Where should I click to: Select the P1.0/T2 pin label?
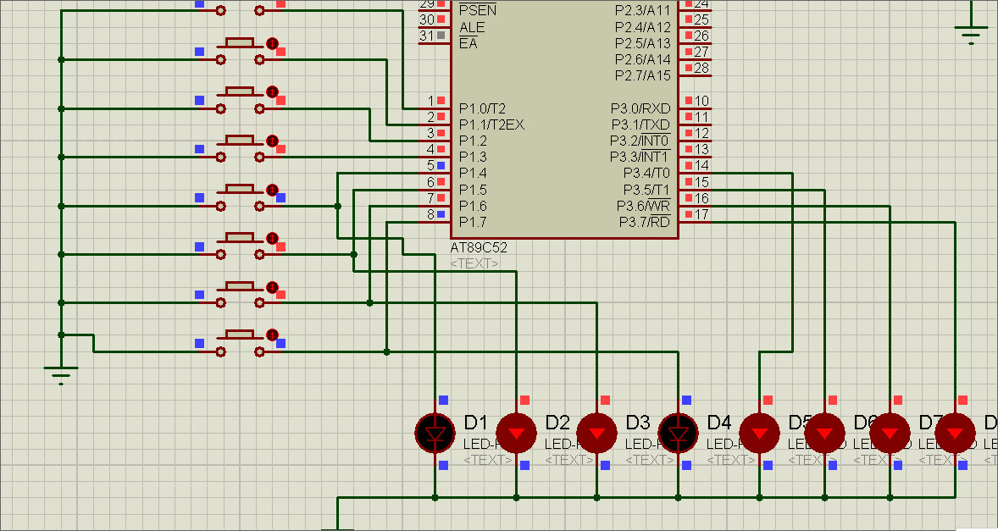coord(482,108)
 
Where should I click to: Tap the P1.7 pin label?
coord(473,222)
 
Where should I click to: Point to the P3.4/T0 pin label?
coord(646,174)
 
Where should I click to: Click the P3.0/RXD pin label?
coord(640,108)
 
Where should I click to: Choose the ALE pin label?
coord(472,27)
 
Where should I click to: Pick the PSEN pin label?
coord(477,11)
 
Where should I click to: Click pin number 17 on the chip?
coord(701,214)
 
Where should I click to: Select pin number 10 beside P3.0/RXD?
coord(701,101)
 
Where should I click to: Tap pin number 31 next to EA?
coord(426,36)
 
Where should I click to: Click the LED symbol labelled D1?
coord(435,433)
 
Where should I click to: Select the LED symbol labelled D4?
coord(679,433)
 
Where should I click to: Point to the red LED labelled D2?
coord(516,433)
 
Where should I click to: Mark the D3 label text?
coord(638,422)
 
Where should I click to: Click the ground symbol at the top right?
coord(971,34)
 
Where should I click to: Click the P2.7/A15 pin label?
coord(642,76)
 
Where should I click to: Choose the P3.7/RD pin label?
coord(644,222)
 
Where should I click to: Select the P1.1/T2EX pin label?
coord(491,124)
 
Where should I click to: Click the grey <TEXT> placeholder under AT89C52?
coord(474,264)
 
